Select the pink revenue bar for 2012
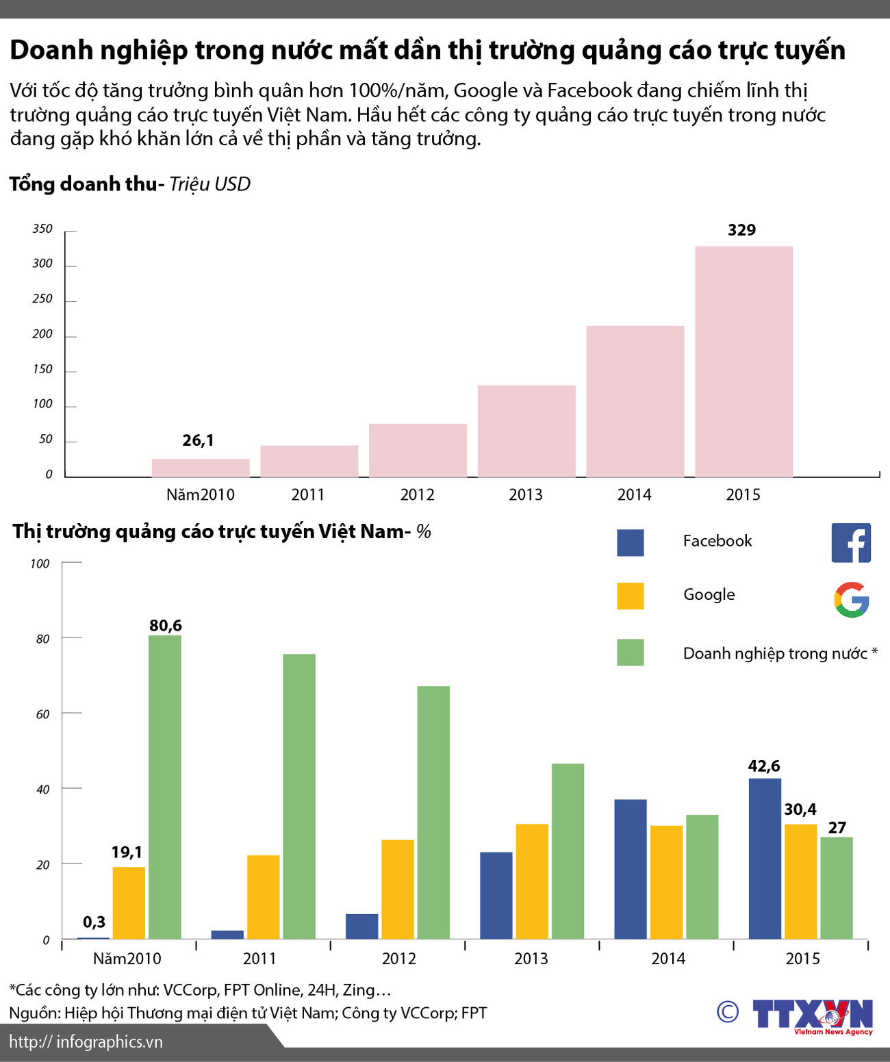[x=418, y=451]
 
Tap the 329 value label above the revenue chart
[x=741, y=230]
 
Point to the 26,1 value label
[x=198, y=440]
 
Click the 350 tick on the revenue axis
[x=42, y=229]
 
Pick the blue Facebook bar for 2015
[x=765, y=859]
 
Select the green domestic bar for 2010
[x=165, y=787]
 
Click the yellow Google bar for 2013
[x=532, y=881]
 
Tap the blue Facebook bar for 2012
[x=361, y=926]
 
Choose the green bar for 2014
[x=702, y=876]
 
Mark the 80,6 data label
[x=166, y=625]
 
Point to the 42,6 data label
[x=764, y=766]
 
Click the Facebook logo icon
[x=851, y=543]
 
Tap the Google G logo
[x=851, y=600]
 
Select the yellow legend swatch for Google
[x=630, y=596]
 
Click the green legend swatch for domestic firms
[x=630, y=653]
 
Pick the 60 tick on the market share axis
[x=43, y=714]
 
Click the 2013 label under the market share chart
[x=531, y=959]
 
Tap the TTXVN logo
[x=812, y=1015]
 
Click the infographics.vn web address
[x=86, y=1042]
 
